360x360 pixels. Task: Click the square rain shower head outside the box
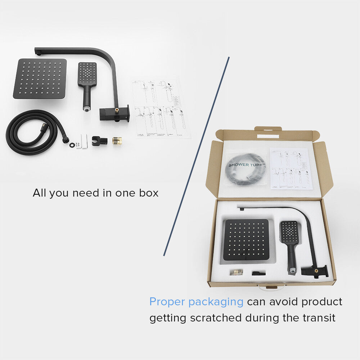pyautogui.click(x=40, y=78)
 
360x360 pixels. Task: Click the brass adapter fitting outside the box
pyautogui.click(x=117, y=140)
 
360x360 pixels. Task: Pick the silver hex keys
pyautogui.click(x=84, y=141)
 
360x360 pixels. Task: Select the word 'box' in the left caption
pyautogui.click(x=149, y=193)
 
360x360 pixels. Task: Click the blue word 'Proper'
pyautogui.click(x=167, y=302)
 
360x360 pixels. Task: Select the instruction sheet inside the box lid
pyautogui.click(x=291, y=168)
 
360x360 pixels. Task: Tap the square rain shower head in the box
pyautogui.click(x=247, y=239)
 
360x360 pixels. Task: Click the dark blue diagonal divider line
pyautogui.click(x=196, y=157)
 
